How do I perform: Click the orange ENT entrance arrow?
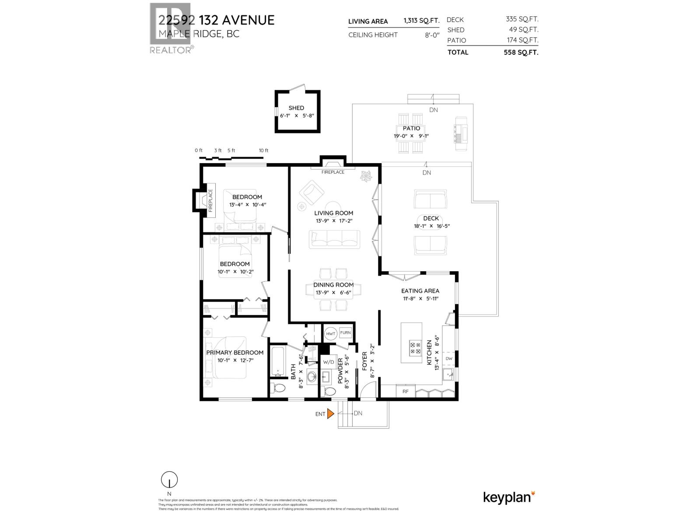[x=331, y=413]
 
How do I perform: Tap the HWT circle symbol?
[x=330, y=333]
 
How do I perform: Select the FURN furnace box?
[x=345, y=333]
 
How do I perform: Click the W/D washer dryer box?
[x=328, y=362]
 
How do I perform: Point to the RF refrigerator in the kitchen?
[x=405, y=391]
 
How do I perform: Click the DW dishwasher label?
[x=448, y=359]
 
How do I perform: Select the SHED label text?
[x=296, y=108]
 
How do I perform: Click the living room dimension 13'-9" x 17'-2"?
[x=333, y=220]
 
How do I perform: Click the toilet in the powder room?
[x=331, y=391]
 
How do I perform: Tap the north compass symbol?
[x=169, y=480]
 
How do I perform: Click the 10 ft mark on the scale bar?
[x=263, y=150]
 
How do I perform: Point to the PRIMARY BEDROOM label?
[x=235, y=353]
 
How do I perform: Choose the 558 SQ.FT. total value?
[x=521, y=52]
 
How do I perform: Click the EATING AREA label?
[x=420, y=290]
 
